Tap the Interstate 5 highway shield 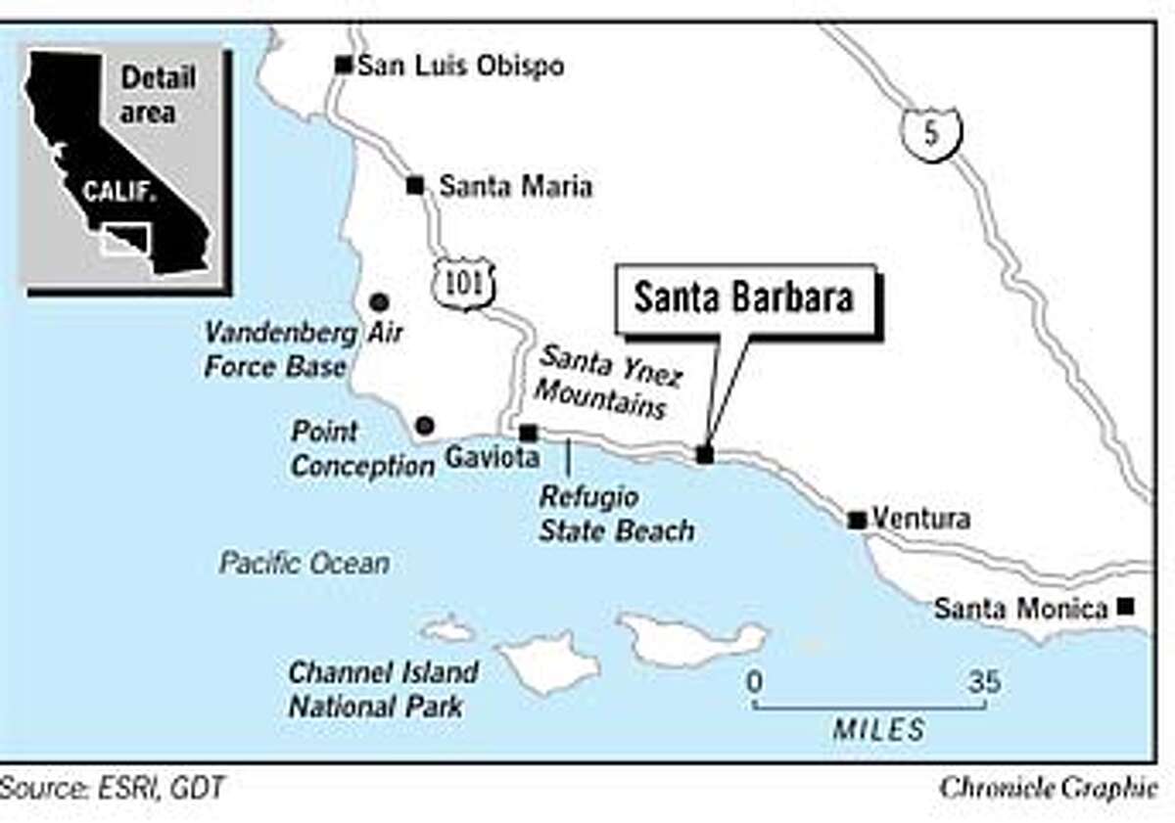point(930,133)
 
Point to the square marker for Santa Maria point(415,185)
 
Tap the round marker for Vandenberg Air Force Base point(378,302)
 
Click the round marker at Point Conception point(424,425)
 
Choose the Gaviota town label point(480,456)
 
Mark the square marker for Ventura point(857,520)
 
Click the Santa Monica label point(1020,609)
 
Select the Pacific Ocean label point(304,563)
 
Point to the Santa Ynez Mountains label point(602,382)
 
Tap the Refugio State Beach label point(617,513)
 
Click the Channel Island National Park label point(383,689)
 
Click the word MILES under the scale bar point(878,729)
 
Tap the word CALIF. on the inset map point(115,190)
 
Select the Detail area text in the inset point(158,94)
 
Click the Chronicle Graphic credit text point(1047,789)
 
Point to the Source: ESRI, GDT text point(112,788)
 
